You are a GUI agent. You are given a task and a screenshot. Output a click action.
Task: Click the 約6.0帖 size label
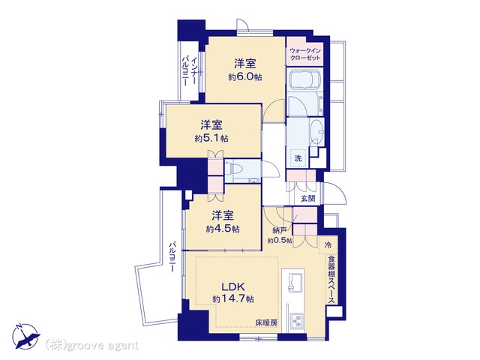(245, 76)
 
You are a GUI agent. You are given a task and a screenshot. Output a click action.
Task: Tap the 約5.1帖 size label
(211, 138)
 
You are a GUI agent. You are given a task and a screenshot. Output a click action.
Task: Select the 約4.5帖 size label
(223, 229)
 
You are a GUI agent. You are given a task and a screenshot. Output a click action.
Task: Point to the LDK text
(233, 286)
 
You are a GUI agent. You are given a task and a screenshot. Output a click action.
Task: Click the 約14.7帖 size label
(233, 298)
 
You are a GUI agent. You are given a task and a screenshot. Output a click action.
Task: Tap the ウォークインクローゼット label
(305, 54)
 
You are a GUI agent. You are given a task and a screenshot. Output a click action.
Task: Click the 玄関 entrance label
(307, 198)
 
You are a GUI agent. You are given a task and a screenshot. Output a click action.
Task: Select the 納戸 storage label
(280, 230)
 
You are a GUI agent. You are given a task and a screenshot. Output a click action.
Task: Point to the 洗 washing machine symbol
(298, 158)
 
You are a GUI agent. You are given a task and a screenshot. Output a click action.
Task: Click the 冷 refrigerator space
(328, 244)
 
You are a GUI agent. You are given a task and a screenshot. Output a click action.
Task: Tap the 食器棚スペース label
(331, 280)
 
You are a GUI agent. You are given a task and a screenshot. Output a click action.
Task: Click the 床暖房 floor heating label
(266, 322)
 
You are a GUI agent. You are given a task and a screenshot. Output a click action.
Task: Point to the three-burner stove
(297, 322)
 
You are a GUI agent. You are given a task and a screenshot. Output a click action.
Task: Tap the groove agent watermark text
(92, 346)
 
